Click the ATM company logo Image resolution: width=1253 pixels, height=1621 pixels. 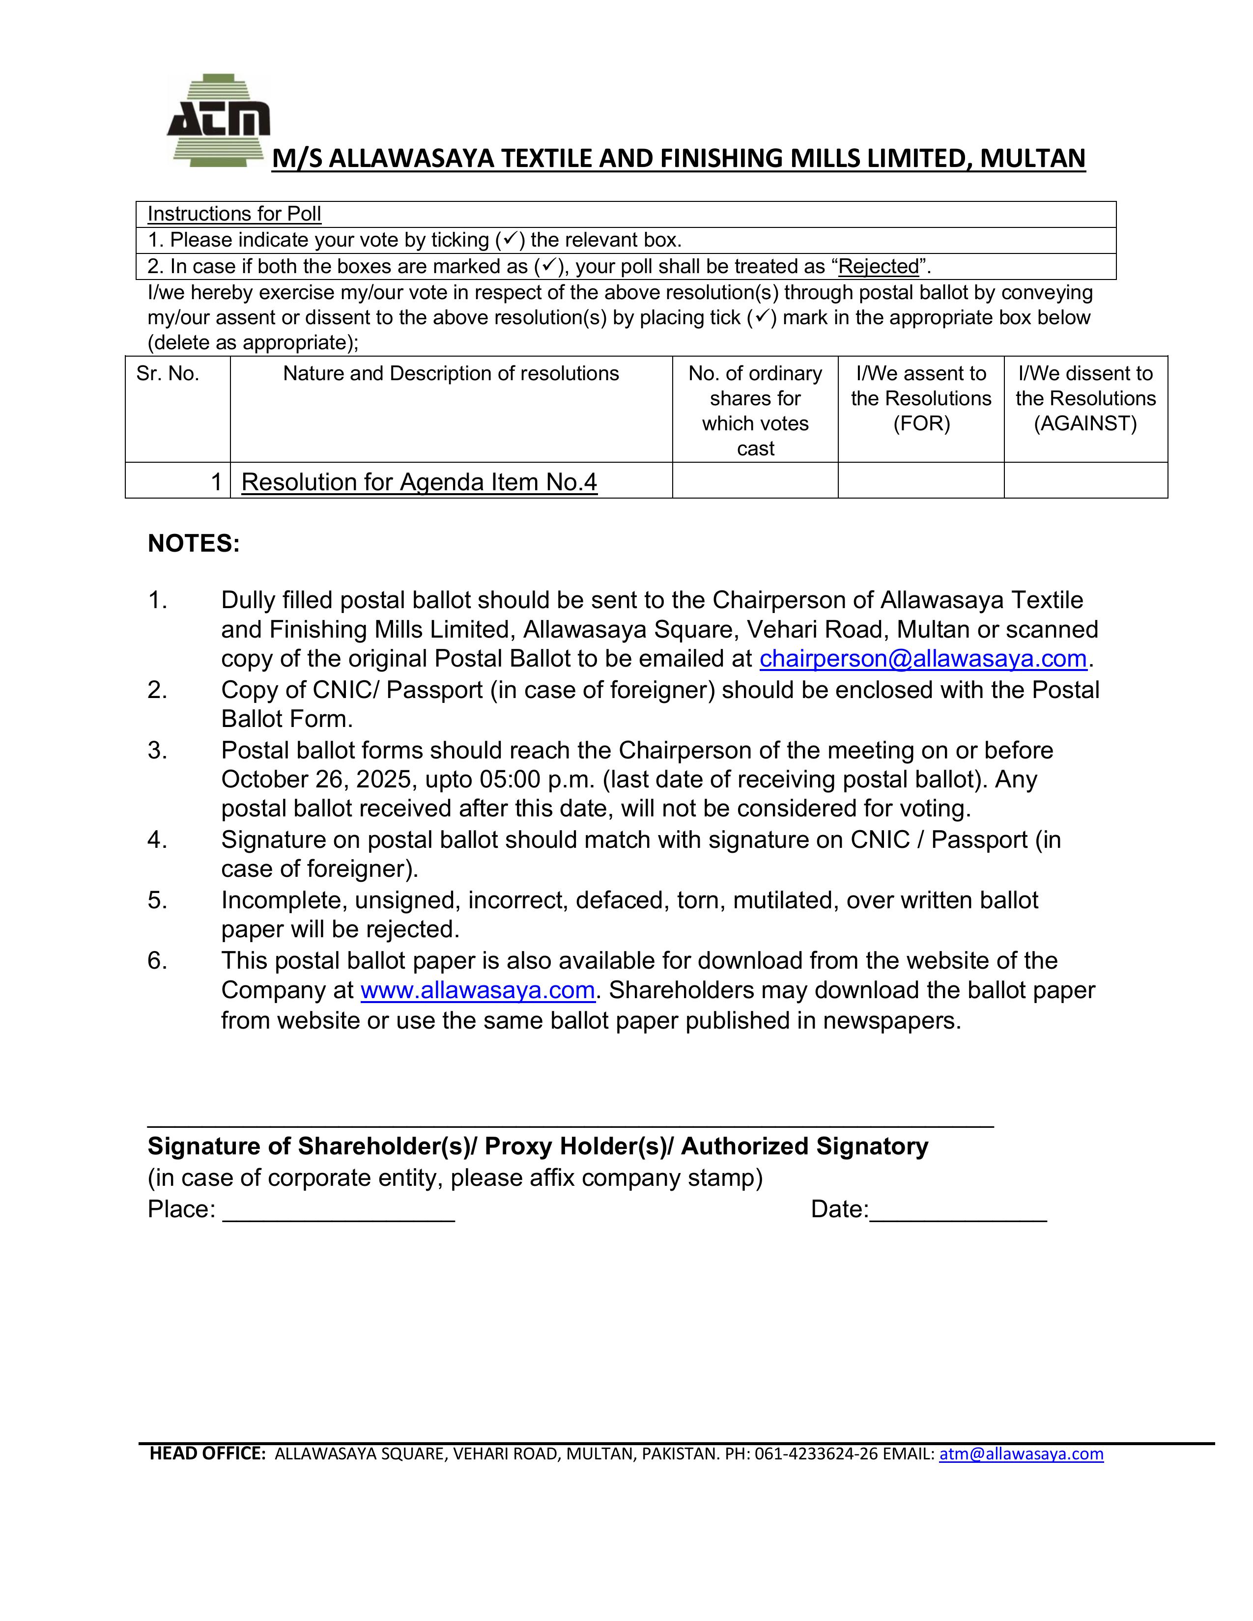[218, 120]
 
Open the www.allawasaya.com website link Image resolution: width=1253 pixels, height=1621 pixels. [477, 990]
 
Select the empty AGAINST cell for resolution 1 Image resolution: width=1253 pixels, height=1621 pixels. [1085, 481]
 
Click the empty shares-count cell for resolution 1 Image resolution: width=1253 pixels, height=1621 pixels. [755, 481]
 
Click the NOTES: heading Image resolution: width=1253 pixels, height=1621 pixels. [194, 543]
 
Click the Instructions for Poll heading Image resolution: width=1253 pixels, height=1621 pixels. [234, 214]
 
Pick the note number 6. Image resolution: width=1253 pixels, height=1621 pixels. [157, 960]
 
